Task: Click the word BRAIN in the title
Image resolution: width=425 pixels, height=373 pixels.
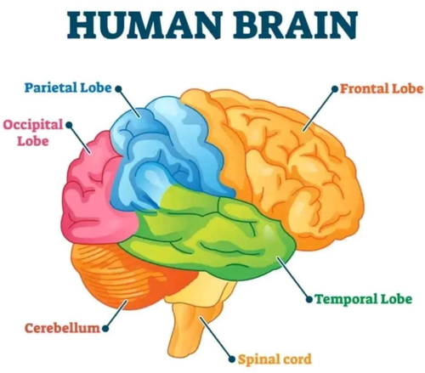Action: pos(295,25)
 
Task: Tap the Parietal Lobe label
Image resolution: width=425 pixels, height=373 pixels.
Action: pos(68,88)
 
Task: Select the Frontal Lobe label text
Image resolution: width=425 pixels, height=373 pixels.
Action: pos(382,88)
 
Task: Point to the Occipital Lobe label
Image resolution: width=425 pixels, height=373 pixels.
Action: pos(33,133)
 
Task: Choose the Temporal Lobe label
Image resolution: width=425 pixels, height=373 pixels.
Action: pos(364,299)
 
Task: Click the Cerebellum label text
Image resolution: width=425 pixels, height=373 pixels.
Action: pos(63,328)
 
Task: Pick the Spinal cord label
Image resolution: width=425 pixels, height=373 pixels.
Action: pos(275,359)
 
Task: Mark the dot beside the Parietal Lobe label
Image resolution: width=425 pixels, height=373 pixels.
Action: pos(118,89)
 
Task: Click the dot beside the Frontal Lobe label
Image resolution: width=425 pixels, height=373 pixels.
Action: pos(335,89)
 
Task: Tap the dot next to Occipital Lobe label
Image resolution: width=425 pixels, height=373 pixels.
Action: pos(69,125)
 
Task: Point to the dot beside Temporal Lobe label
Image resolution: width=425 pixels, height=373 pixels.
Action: pos(310,299)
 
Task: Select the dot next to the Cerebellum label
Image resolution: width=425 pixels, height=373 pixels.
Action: pos(105,329)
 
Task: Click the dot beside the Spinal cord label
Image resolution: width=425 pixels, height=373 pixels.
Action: pos(232,359)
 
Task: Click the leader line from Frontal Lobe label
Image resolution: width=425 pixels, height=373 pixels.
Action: pos(319,110)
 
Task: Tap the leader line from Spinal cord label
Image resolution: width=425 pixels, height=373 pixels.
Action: pos(216,338)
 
